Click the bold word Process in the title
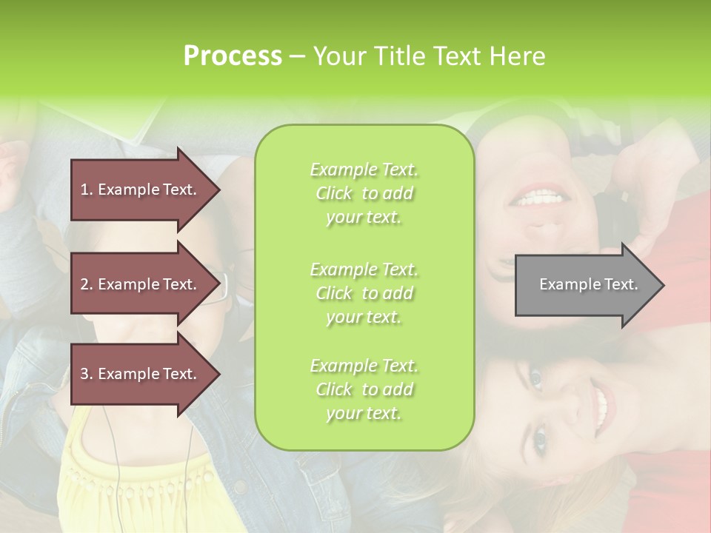(233, 56)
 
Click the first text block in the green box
(364, 193)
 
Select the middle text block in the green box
(364, 293)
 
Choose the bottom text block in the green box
(364, 389)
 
